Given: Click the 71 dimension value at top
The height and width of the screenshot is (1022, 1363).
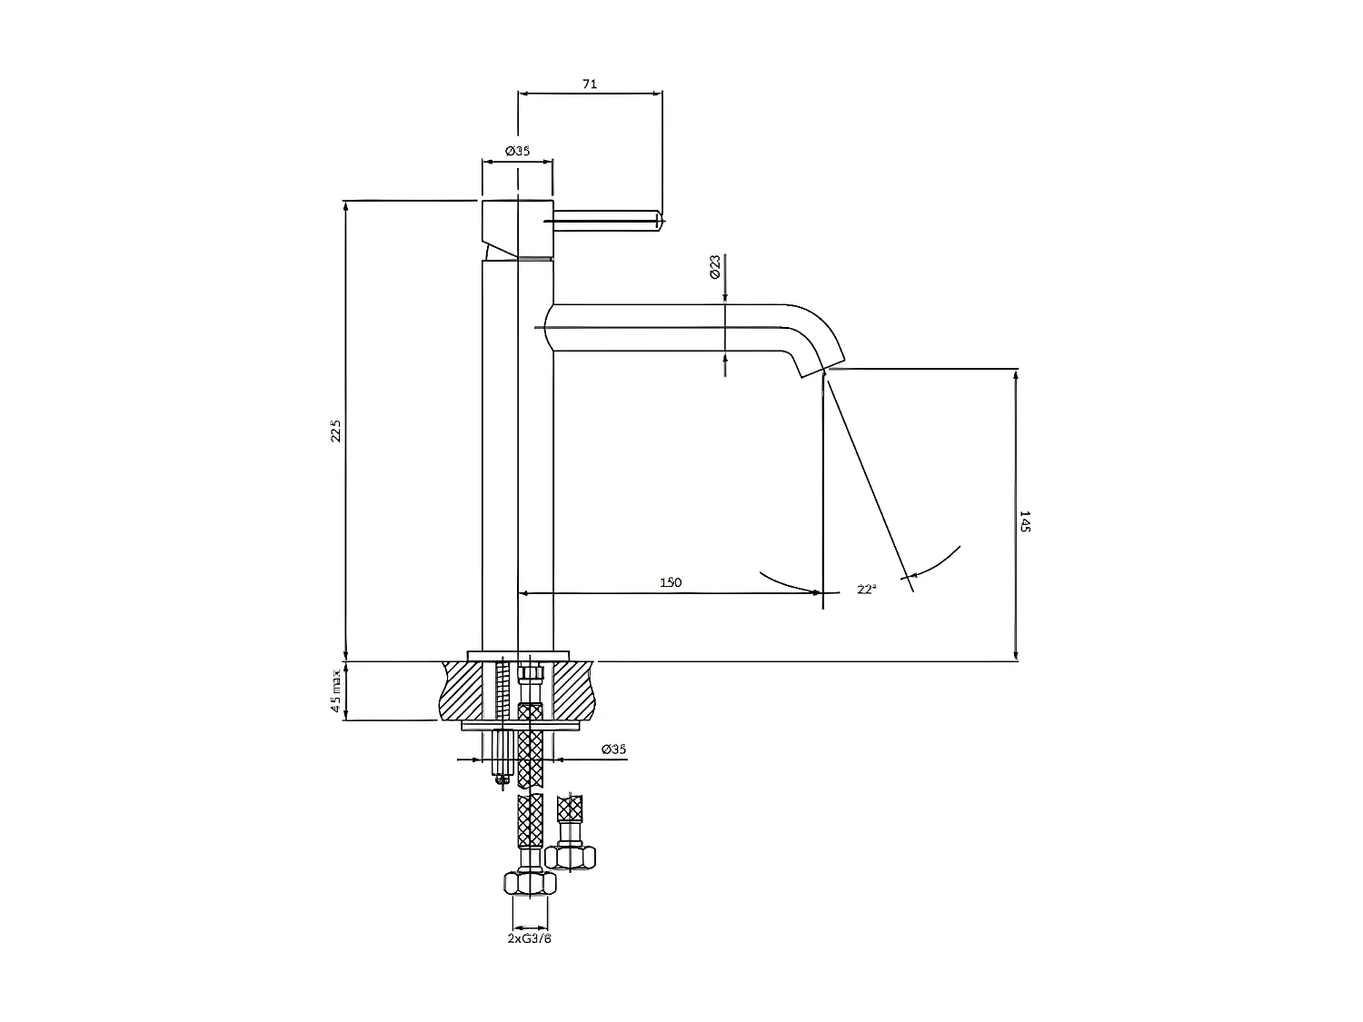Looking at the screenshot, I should click(589, 84).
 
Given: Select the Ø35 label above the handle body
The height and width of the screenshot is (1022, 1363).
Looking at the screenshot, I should click(517, 151).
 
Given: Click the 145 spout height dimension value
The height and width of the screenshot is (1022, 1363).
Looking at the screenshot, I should click(1026, 521).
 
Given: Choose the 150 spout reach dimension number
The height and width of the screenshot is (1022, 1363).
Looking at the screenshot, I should click(671, 582).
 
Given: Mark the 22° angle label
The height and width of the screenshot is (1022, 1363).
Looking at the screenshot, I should click(867, 590).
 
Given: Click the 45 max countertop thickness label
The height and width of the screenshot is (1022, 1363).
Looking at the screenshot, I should click(336, 691).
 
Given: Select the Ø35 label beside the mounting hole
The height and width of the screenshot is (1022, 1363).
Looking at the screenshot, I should click(614, 749).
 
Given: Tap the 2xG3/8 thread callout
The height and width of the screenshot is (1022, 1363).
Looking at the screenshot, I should click(530, 938).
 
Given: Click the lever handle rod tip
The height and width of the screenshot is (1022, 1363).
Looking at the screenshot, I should click(658, 219).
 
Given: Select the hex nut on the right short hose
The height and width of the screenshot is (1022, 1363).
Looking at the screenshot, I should click(572, 857).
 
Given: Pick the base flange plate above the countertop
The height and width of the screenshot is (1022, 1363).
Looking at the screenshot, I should click(517, 655).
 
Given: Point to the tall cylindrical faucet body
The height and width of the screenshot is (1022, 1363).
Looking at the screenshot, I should click(516, 454).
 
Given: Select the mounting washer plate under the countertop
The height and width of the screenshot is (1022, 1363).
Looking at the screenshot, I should click(522, 726).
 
